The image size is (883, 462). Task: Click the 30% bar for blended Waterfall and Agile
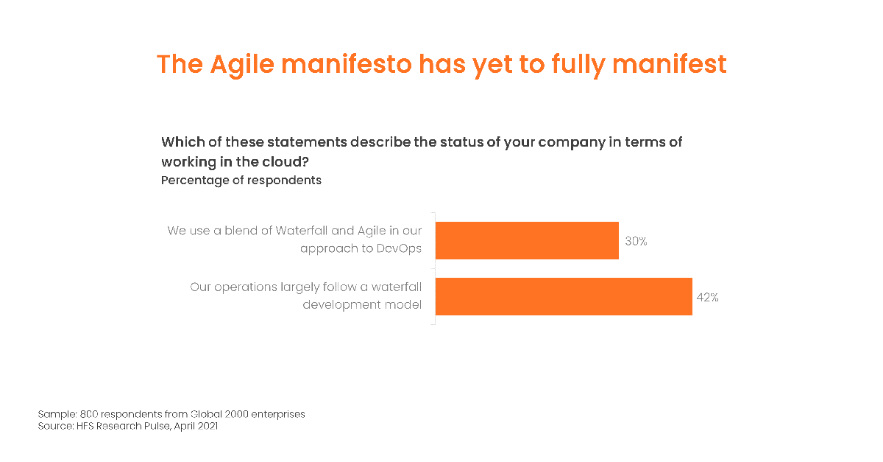click(527, 240)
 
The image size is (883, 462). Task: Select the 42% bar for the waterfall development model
click(564, 296)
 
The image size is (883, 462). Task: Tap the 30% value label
click(636, 241)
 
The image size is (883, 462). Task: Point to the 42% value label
click(708, 298)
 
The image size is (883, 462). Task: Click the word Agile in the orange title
click(242, 65)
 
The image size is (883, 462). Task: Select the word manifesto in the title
click(347, 64)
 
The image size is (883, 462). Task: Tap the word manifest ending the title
click(670, 64)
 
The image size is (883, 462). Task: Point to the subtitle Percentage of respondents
click(241, 181)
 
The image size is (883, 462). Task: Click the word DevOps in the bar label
click(399, 248)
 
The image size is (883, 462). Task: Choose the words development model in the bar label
click(362, 305)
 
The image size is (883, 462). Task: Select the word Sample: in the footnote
click(57, 414)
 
